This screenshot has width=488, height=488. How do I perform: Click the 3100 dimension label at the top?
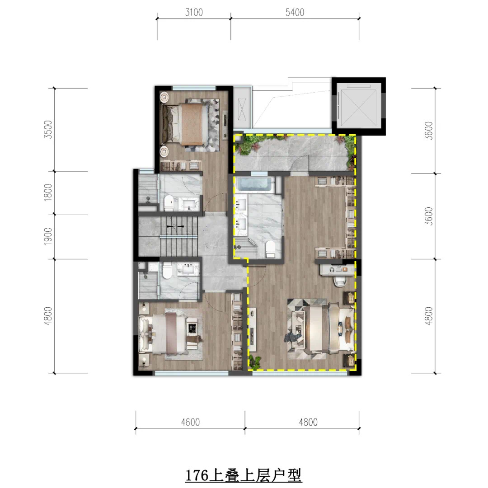coord(194,12)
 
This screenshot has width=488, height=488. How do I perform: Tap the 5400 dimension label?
coord(295,12)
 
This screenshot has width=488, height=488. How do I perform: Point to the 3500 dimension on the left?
coord(48,130)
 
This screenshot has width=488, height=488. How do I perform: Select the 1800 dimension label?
coord(48,192)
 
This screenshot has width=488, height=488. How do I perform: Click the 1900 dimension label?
coord(48,236)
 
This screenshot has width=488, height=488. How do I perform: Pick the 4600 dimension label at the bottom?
coord(191,422)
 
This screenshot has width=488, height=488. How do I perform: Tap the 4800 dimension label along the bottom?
coord(308,422)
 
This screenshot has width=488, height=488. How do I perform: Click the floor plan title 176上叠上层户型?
coord(244,475)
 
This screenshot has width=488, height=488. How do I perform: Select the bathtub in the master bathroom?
coord(255,184)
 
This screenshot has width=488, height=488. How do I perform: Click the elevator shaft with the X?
coord(358,106)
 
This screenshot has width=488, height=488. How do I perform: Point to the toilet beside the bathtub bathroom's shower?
coord(270,249)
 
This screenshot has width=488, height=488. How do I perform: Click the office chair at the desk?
coord(340,281)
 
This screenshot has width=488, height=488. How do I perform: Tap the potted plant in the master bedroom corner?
coord(255,362)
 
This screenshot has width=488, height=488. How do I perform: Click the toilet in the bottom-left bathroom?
coord(167,270)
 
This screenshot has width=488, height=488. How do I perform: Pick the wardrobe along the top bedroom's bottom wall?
coord(180,165)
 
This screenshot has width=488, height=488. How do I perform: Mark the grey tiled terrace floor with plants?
coord(294,153)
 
